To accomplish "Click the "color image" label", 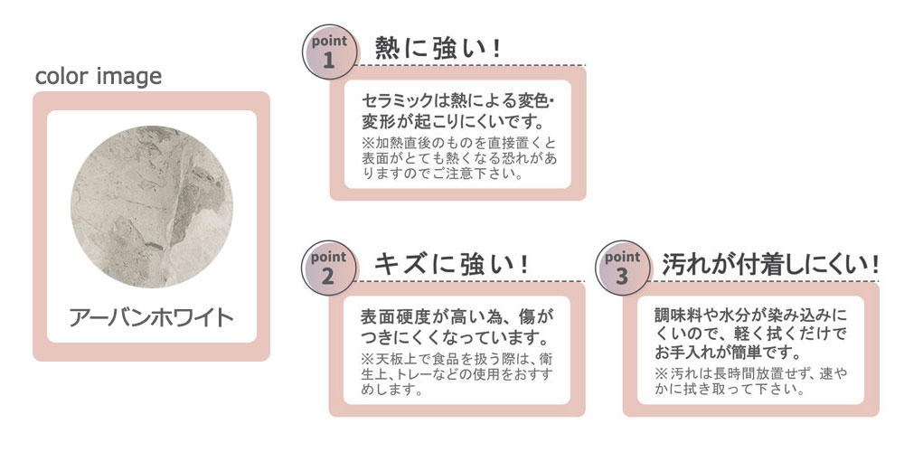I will point(99,76).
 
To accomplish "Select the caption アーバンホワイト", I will point(152,317).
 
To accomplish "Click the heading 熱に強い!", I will point(438,48).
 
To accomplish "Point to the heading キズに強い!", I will point(450,264).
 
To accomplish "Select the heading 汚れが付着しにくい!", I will point(770,264).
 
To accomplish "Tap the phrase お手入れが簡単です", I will point(715,353).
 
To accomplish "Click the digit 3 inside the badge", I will point(622,277).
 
